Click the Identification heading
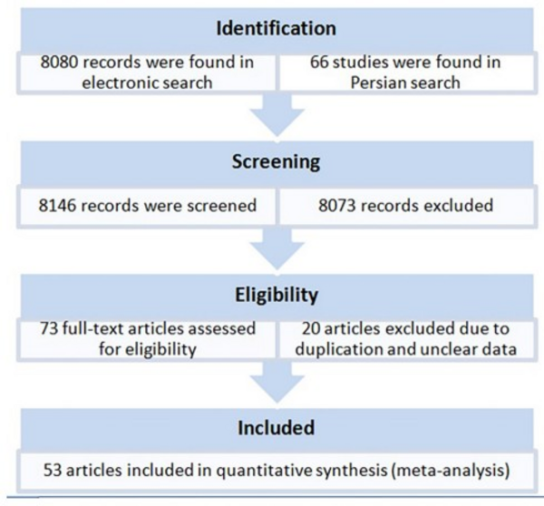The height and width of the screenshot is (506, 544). point(277,28)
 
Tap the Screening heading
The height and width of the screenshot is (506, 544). point(277,162)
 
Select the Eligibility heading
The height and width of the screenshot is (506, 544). point(277,296)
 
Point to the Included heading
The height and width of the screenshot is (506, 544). point(277,428)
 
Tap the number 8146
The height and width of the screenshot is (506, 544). point(57,206)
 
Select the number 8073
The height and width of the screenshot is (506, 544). point(337,206)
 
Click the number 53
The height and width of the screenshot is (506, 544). point(53,471)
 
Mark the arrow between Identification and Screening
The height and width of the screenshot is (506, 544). point(277,115)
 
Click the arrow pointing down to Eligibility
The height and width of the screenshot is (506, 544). point(277,249)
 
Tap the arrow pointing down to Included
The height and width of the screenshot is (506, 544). point(277,384)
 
